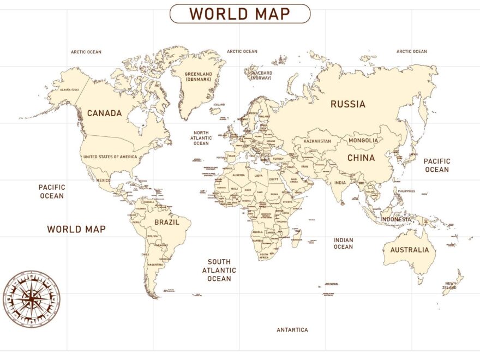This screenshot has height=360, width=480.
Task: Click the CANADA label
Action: [x=104, y=113]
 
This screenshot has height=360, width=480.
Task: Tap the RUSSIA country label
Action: [x=348, y=104]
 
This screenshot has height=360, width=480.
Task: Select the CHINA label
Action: [x=361, y=158]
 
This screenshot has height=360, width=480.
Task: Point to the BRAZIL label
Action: [x=166, y=222]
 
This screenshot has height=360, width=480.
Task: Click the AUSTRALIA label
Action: [x=410, y=250]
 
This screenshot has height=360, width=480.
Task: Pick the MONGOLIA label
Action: [x=363, y=140]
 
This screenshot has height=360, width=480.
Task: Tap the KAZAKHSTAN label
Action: [x=317, y=141]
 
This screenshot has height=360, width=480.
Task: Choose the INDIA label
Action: [x=340, y=183]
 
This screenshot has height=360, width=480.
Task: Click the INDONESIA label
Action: [x=396, y=219]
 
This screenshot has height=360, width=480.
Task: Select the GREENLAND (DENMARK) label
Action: [x=197, y=76]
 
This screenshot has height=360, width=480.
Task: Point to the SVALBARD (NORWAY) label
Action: [x=261, y=75]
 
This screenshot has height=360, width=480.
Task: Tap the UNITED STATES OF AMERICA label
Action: [x=110, y=157]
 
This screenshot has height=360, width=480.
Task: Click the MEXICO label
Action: [x=104, y=181]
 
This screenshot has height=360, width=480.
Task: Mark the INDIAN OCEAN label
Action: [x=343, y=243]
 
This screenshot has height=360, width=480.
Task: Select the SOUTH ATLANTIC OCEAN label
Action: [x=219, y=270]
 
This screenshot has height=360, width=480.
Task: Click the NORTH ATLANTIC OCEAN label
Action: [x=201, y=138]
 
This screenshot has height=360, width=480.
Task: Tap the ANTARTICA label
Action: [x=292, y=330]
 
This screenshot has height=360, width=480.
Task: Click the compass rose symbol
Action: [x=32, y=299]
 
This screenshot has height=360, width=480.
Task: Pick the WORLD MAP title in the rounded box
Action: [x=240, y=14]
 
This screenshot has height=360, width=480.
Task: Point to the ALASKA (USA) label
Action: [x=69, y=89]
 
